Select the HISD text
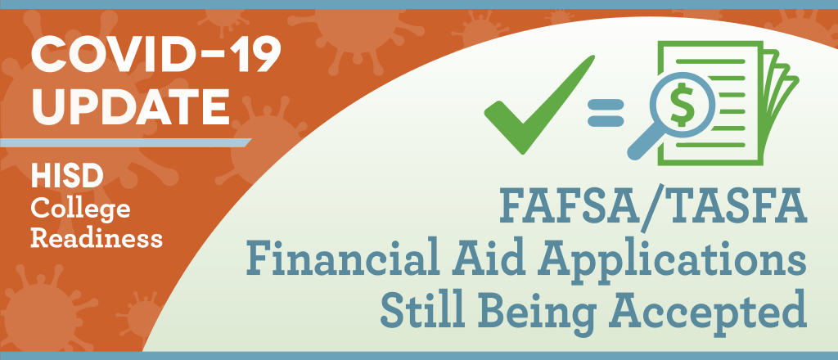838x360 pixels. tap(67, 177)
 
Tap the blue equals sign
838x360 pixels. tap(606, 113)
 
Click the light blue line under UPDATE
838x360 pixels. tap(126, 142)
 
